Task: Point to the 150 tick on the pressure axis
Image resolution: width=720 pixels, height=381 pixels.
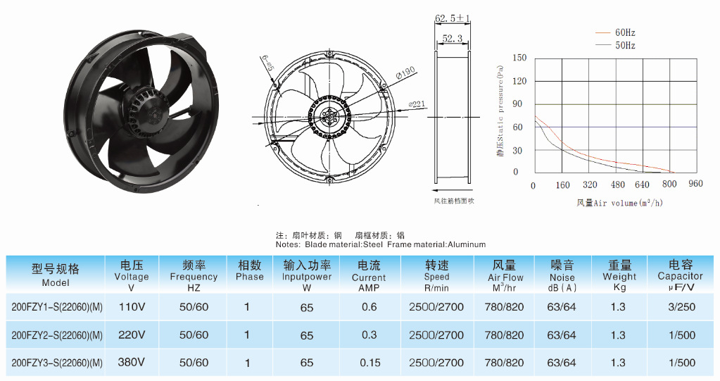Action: coord(519,58)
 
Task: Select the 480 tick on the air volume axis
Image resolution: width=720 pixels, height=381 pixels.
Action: coord(617,185)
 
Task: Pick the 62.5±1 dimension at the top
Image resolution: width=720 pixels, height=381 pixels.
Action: coord(452,18)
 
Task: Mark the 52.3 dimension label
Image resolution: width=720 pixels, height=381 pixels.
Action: coord(453,39)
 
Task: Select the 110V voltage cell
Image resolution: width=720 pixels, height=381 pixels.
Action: coord(132,307)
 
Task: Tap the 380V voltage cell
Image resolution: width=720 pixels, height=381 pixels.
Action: coord(132,363)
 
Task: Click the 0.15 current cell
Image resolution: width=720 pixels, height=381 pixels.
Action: coord(370,363)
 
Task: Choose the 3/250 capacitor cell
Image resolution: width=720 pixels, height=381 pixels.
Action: coord(681,307)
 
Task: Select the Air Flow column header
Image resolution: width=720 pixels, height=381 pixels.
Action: coord(505,272)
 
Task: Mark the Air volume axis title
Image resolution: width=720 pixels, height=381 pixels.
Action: coord(619,203)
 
